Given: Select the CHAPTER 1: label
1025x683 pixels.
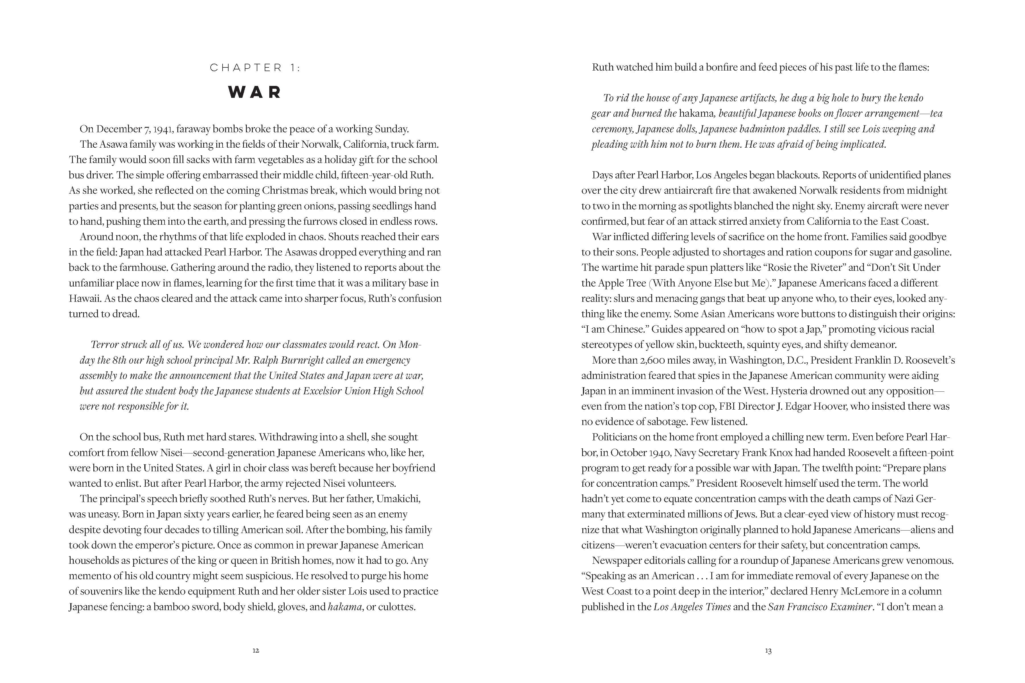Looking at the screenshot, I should click(x=255, y=68).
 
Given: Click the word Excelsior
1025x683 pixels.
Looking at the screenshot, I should click(x=321, y=391).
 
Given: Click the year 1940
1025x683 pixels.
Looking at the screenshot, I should click(x=658, y=453).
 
